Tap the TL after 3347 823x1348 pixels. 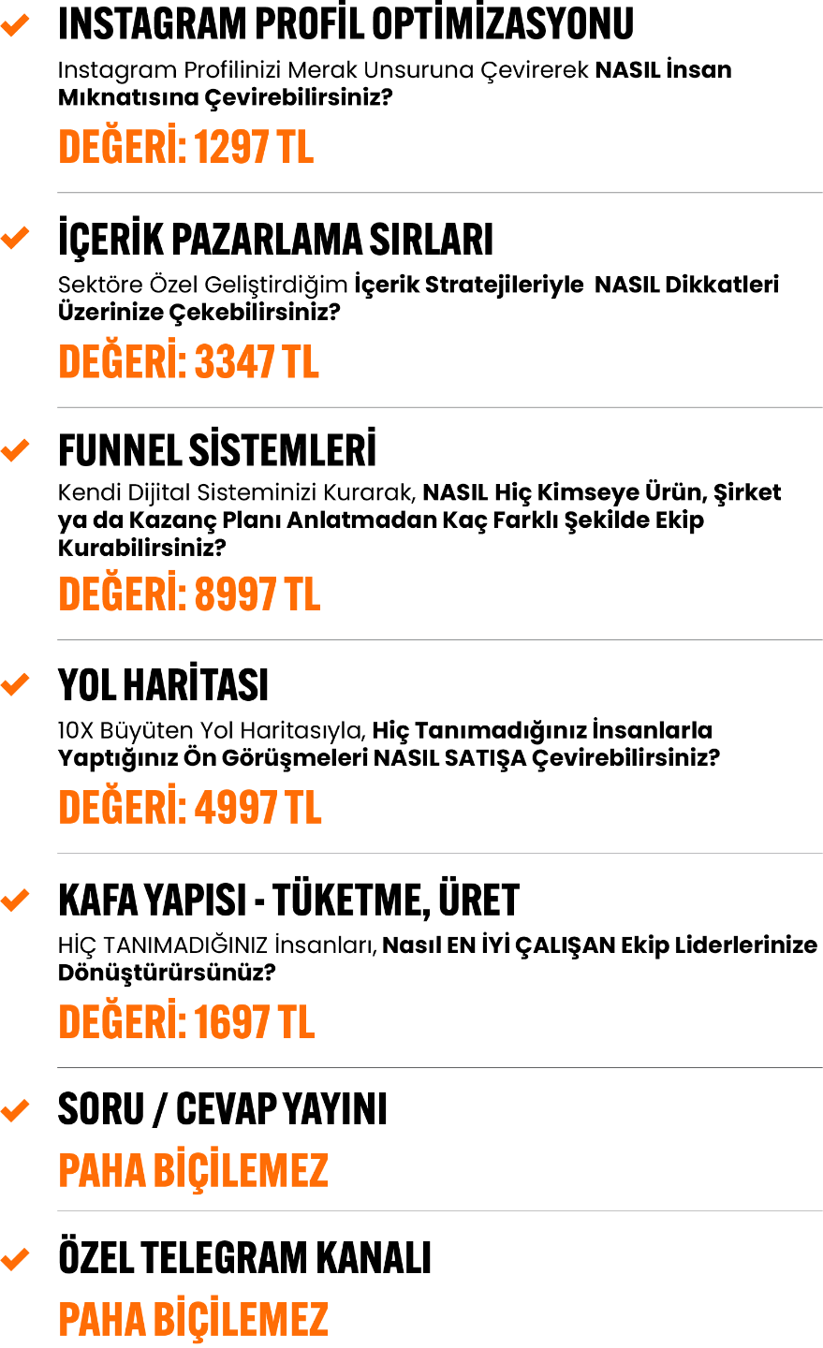coord(301,362)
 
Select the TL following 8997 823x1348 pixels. coord(301,594)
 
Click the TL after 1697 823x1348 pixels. coord(296,1022)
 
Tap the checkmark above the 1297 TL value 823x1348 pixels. coord(15,26)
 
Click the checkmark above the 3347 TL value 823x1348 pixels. coord(15,238)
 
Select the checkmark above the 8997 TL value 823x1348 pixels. coord(15,450)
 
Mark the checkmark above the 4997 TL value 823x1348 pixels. coord(15,684)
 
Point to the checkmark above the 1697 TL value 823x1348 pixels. coord(15,901)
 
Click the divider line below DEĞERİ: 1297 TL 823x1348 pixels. coord(440,193)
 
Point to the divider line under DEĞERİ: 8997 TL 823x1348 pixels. coord(440,640)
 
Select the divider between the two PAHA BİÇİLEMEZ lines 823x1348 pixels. coord(440,1210)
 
